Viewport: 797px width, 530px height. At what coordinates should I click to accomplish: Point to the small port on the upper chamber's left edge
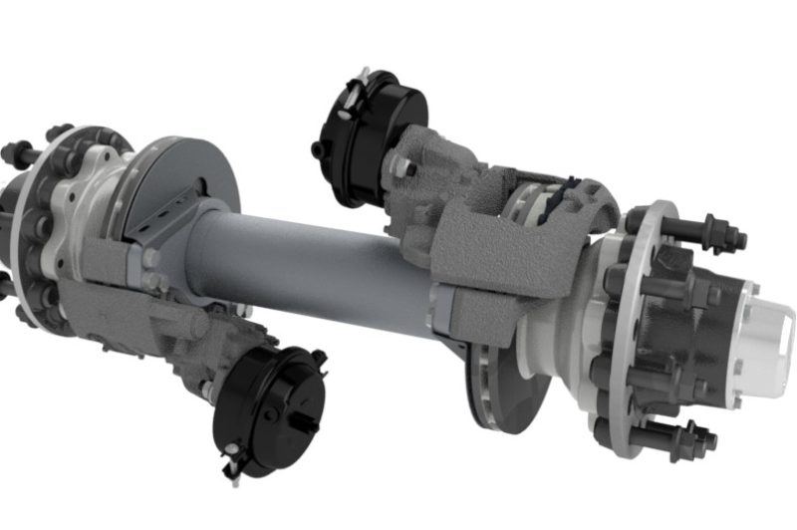317,149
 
